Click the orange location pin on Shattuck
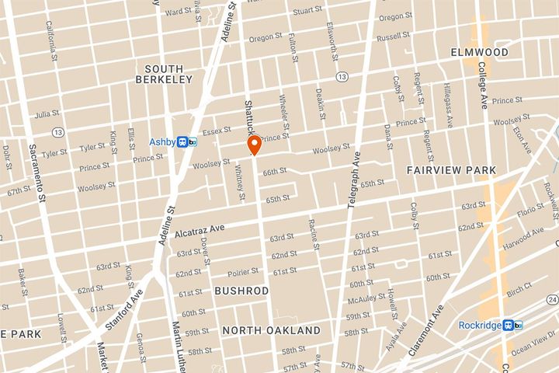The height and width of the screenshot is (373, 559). [253, 145]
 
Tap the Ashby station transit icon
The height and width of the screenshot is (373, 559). [186, 141]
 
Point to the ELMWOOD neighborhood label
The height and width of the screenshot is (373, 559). [480, 52]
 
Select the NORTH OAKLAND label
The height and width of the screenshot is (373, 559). [271, 330]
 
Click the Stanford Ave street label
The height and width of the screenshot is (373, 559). [132, 306]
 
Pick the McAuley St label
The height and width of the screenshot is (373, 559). [367, 298]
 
